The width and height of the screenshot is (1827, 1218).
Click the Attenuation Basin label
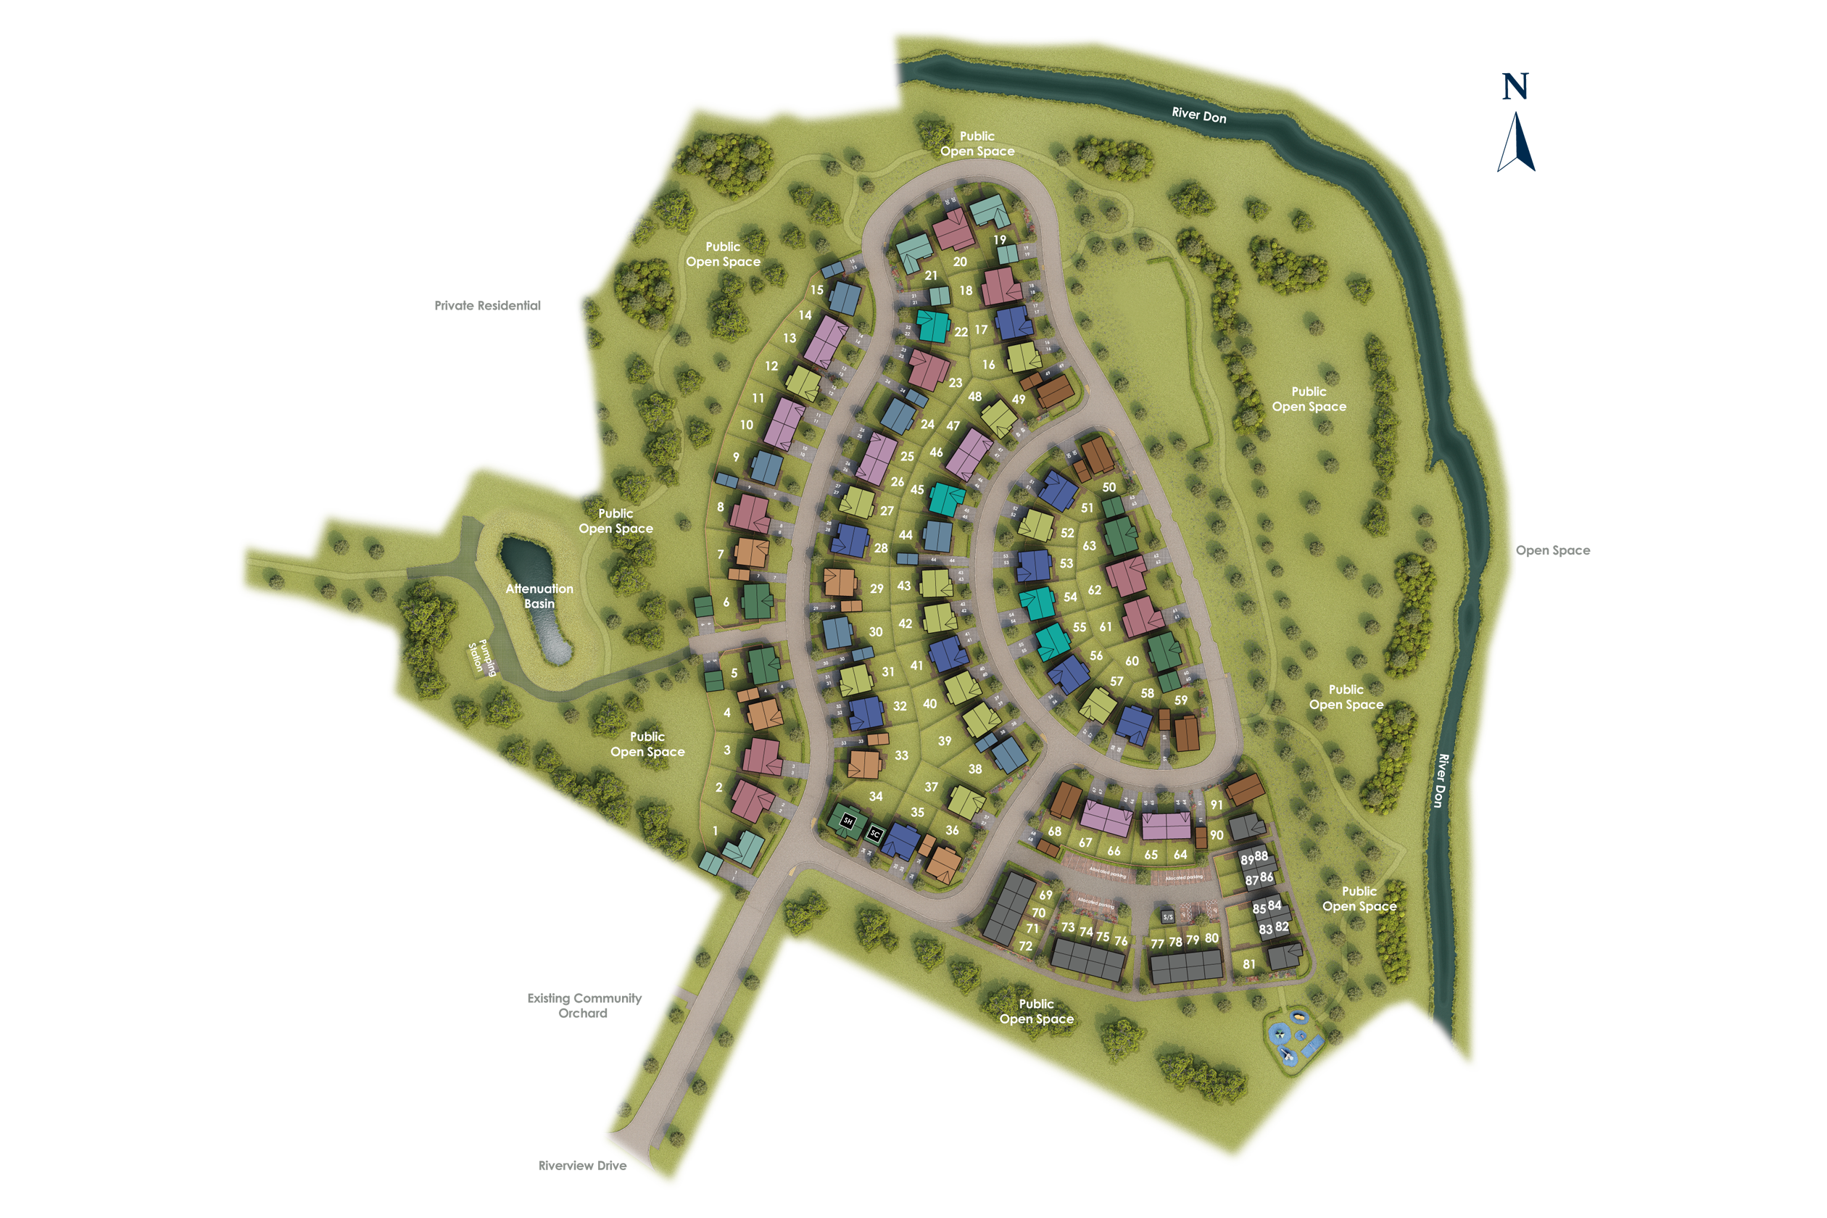(x=539, y=596)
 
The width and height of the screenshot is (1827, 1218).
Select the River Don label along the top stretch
(x=1198, y=116)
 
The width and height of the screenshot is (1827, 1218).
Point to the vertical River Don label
(x=1442, y=780)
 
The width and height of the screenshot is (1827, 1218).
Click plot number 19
(x=999, y=240)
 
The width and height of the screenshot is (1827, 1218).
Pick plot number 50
(x=1109, y=487)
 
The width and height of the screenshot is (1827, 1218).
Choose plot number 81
(x=1248, y=964)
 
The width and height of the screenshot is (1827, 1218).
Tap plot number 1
(x=716, y=830)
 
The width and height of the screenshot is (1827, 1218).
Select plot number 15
(x=816, y=290)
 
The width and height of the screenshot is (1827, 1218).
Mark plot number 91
(x=1217, y=805)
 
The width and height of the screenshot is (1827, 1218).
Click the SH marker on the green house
(x=848, y=820)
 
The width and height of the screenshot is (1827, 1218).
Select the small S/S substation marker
(x=1167, y=917)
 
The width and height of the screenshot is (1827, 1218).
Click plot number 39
(x=945, y=741)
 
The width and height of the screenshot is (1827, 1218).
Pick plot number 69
(x=1045, y=895)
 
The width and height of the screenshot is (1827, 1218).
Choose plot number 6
(x=726, y=602)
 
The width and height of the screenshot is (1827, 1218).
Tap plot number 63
(x=1089, y=546)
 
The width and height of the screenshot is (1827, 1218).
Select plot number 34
(x=876, y=796)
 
